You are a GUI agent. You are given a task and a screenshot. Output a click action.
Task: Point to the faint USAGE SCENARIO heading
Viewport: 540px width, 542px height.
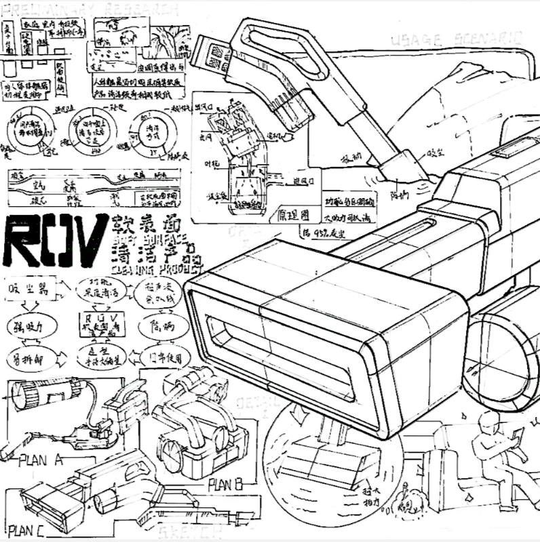457,39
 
